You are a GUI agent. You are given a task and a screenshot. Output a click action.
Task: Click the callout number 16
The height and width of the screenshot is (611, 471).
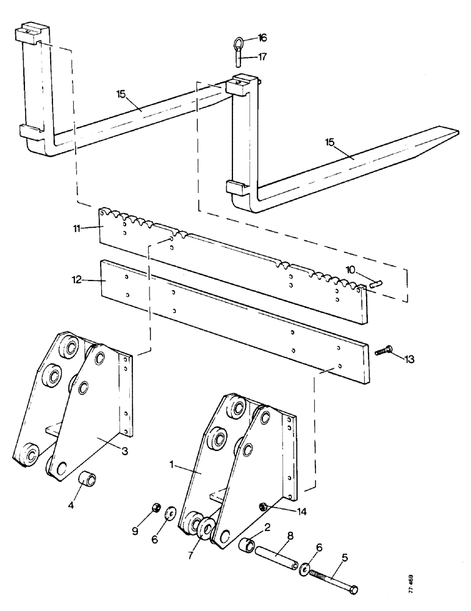(x=263, y=38)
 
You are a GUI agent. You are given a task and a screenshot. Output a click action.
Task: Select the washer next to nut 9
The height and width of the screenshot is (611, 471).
(x=168, y=510)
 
